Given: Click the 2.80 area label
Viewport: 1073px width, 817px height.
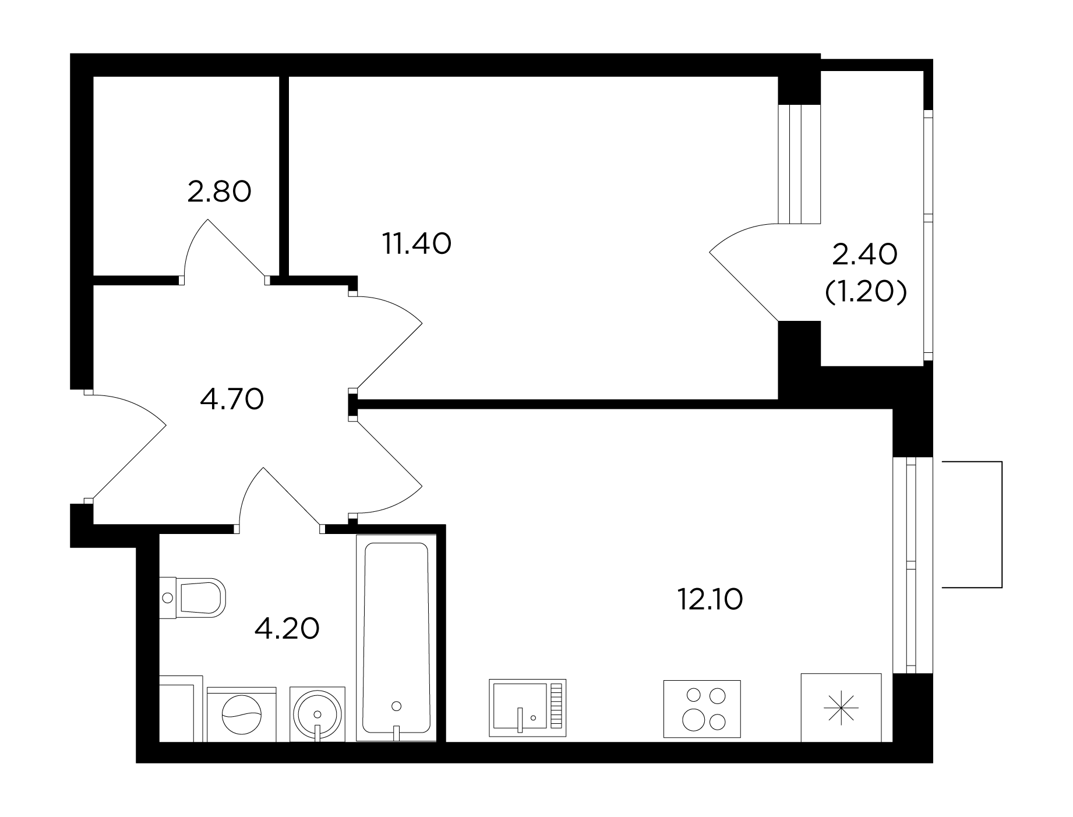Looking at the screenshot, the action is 219,192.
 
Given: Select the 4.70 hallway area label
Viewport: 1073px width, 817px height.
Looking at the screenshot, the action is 232,399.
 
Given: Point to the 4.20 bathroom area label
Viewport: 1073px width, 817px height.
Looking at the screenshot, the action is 288,628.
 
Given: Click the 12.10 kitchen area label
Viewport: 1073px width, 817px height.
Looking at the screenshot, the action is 710,600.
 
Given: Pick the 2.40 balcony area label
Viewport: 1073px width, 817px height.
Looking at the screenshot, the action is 865,254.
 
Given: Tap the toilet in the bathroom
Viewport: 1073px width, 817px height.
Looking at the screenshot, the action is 192,597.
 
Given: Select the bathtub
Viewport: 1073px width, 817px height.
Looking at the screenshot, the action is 396,638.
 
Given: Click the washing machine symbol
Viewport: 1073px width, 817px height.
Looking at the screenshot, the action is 241,715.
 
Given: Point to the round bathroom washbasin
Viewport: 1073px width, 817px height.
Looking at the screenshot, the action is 317,714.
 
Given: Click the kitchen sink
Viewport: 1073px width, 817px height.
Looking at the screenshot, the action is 528,708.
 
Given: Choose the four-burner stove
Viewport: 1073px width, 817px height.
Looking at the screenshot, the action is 702,709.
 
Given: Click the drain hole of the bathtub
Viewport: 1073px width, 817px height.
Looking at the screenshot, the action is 397,706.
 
